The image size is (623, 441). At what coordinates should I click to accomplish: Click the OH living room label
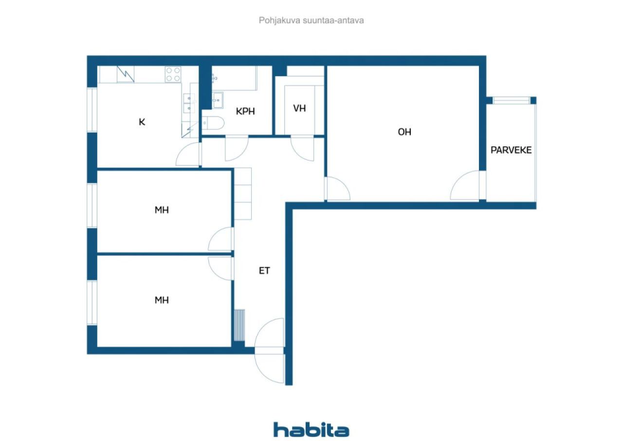tap(404, 132)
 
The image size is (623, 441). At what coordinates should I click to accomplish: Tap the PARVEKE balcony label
tap(511, 151)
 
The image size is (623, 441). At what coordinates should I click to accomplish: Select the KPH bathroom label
tap(245, 112)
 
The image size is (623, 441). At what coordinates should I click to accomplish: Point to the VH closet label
tap(299, 108)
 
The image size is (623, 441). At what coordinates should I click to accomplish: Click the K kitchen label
tap(142, 122)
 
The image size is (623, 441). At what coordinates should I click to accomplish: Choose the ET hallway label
tap(264, 270)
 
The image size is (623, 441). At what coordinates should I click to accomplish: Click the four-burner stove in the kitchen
tap(173, 75)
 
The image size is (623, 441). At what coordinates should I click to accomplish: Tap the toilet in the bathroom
tap(213, 123)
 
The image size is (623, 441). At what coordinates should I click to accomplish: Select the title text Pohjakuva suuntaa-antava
tap(311, 20)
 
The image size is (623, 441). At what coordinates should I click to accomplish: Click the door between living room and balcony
tap(468, 185)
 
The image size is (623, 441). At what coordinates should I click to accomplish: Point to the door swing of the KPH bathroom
tap(237, 148)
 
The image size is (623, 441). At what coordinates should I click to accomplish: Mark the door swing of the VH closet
tap(302, 148)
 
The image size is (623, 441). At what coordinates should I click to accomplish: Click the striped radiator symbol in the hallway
tap(239, 326)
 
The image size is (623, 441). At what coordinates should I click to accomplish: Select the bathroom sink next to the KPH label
tap(218, 100)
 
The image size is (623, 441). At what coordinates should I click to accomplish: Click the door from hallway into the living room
tap(337, 189)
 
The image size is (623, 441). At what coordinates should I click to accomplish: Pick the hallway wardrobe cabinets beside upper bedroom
tap(243, 194)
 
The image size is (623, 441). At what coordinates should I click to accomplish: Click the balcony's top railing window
tap(511, 100)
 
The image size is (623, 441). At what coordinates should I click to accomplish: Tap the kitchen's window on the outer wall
tap(92, 110)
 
